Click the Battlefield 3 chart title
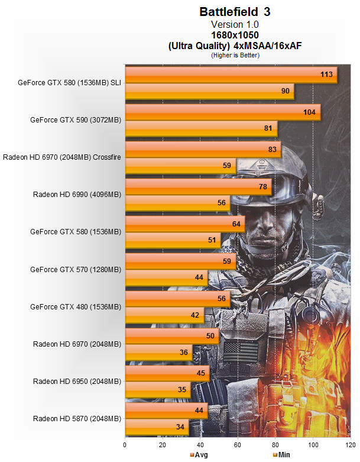tap(235, 11)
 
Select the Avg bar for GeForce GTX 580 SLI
tap(231, 75)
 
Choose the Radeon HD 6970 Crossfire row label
tap(62, 157)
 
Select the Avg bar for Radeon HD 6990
tap(198, 187)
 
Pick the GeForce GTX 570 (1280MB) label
tap(76, 269)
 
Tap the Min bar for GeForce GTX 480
tap(164, 315)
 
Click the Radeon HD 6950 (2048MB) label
tap(77, 382)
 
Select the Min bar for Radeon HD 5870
tap(157, 427)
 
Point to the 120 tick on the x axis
tap(351, 444)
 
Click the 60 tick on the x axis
tap(238, 444)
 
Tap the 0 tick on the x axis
tap(125, 444)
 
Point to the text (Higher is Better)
tap(235, 54)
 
